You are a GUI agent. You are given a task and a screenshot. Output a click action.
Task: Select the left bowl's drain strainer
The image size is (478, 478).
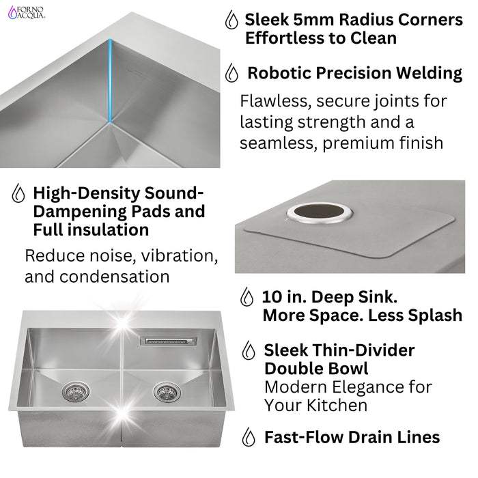(x=73, y=391)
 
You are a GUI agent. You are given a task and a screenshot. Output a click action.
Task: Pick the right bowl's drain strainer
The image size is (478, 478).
(x=165, y=391)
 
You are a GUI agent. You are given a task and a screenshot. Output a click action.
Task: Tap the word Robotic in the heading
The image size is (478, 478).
(x=278, y=72)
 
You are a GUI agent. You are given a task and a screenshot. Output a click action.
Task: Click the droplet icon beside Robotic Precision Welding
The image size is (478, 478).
(x=232, y=72)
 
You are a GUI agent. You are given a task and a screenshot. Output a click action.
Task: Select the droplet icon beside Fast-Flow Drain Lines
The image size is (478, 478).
(x=251, y=437)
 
